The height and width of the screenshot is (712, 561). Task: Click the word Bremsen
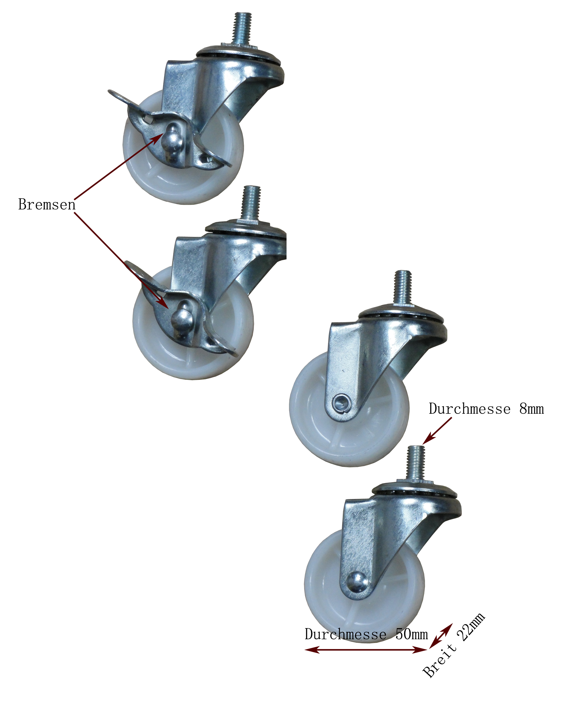coord(47,204)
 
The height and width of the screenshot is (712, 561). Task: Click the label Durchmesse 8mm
coord(486,409)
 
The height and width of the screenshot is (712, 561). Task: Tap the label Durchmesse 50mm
coord(366,634)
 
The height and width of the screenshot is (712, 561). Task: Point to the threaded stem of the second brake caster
coord(251,203)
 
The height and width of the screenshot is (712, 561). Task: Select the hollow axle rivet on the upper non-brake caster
coord(340,402)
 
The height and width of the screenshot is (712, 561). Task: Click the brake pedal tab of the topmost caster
coord(127,99)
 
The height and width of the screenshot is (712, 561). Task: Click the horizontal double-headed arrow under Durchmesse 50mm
coord(366,649)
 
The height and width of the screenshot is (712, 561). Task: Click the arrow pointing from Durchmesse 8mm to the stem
coord(437,430)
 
